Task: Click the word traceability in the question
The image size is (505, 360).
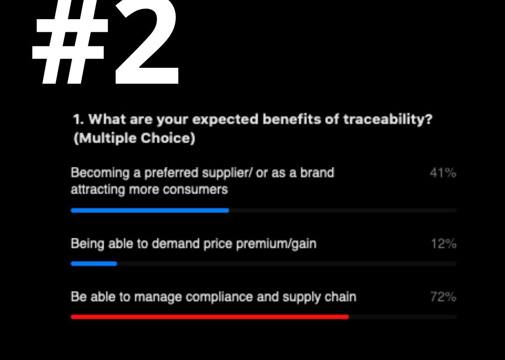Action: tap(387, 120)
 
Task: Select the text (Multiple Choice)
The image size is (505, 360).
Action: tap(134, 138)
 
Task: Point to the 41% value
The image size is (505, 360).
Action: tap(443, 173)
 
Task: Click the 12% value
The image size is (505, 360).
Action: tap(444, 244)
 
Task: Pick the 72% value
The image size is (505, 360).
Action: tap(443, 296)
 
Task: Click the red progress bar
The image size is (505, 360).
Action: tap(209, 317)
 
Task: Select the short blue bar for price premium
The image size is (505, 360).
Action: tap(94, 264)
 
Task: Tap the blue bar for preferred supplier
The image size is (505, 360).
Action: tap(150, 210)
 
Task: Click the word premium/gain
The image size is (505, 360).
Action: tap(276, 244)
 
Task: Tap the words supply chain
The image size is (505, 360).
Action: tap(319, 297)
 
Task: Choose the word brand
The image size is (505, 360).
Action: tap(317, 173)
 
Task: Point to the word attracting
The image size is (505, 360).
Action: tap(98, 189)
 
